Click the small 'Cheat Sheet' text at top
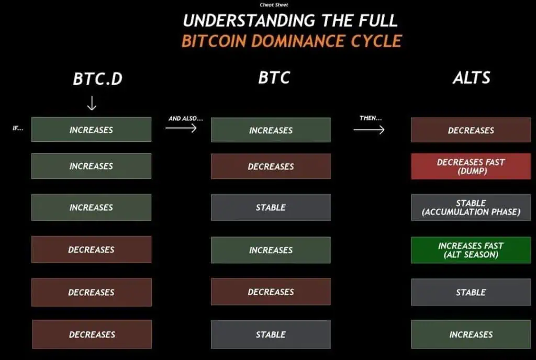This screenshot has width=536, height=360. pos(274,5)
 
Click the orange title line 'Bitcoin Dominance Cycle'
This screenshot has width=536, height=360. pos(292,41)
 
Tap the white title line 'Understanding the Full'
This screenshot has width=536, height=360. pos(290,20)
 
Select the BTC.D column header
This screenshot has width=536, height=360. pos(98,78)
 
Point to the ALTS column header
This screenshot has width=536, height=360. pos(472,77)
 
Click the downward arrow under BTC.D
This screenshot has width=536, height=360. pos(92,103)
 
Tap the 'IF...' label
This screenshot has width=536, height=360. pos(18,128)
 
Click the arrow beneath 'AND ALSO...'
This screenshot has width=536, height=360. pos(181,128)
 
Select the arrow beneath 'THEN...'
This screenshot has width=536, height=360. pos(369,130)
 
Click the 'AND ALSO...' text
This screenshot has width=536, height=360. pos(186,119)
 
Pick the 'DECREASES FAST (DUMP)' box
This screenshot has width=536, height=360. pos(471,166)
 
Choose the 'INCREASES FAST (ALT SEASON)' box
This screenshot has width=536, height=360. pos(471,250)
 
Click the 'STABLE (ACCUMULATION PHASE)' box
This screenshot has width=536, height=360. pos(471,207)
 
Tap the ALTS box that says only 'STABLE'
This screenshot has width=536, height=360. pos(471,292)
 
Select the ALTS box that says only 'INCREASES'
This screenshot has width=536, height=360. pos(471,334)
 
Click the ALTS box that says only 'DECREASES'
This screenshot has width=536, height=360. pos(471,130)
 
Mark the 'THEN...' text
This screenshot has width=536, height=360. pos(371,118)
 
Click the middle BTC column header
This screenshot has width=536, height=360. pos(274,77)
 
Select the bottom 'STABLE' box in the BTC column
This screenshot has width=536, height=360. pos(271,334)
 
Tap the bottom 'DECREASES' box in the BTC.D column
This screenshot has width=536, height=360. pos(92,334)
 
